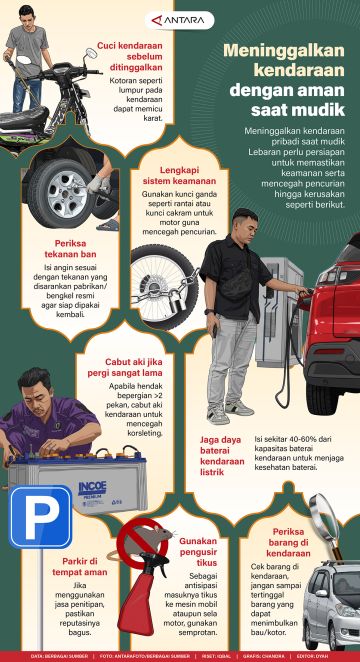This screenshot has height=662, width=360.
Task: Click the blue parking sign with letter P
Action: [41, 515]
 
